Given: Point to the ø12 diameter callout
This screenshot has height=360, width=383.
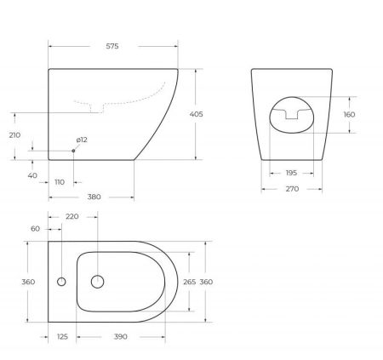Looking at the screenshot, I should pos(83,140).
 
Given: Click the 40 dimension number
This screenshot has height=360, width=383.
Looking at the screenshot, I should pos(33,175).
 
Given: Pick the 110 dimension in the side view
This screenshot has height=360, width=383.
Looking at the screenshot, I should pos(60,183).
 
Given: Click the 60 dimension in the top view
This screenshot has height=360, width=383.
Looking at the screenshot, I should pos(35,229).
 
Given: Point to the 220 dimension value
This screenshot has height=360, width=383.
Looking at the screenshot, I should pos(71,217).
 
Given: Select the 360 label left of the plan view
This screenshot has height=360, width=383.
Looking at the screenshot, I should pos(16,282).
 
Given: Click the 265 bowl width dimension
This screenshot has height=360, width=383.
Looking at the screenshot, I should pos(190,282).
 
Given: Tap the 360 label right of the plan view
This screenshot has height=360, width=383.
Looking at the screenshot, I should pos(208,282).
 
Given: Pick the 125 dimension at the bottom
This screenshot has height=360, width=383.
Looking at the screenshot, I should pos(62,338).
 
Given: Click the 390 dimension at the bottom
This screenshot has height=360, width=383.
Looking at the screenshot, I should pos(121,338).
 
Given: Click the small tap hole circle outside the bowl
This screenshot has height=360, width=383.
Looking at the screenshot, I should pos(60,282).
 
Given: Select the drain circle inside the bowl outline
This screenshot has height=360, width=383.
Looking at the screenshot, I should pos(97,282).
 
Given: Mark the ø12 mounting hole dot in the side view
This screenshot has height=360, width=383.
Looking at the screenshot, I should pos(74,151).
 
